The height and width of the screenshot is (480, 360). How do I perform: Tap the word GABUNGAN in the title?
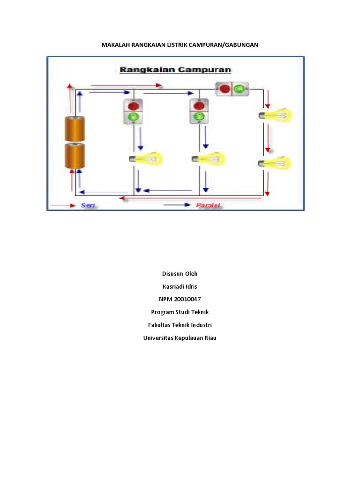click(241, 45)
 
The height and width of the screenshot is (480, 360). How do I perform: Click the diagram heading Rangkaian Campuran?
click(175, 70)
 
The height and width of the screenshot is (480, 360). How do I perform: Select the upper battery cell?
click(75, 129)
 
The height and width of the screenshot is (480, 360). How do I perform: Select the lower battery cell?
click(75, 156)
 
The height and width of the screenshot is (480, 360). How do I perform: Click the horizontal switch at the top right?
click(232, 89)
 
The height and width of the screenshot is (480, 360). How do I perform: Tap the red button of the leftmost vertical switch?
click(133, 106)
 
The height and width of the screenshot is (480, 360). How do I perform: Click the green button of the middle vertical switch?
click(199, 116)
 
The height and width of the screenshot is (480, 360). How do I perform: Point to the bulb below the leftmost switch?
click(146, 159)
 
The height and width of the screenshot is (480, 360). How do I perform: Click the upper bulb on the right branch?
click(275, 115)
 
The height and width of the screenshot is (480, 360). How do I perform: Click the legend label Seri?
click(88, 205)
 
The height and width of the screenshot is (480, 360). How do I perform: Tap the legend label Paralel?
click(208, 205)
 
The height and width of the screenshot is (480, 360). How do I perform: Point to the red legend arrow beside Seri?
click(63, 206)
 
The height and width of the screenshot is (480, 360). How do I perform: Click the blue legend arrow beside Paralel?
click(177, 205)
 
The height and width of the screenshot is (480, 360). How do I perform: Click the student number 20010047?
click(187, 299)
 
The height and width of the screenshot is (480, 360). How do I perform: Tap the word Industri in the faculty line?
click(202, 325)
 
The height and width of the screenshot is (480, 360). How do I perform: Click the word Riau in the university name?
click(210, 338)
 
